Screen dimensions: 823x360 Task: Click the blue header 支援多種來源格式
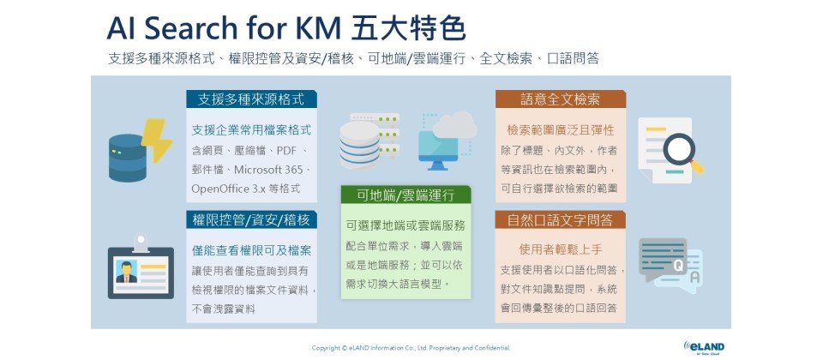251,99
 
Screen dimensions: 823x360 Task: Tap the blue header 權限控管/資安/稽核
251,220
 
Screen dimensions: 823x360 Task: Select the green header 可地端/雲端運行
405,195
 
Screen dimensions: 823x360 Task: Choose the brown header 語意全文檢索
561,99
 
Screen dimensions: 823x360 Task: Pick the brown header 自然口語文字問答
561,220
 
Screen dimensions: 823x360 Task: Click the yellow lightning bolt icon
156,139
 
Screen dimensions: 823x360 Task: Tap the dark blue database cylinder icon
127,158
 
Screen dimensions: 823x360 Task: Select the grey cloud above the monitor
454,125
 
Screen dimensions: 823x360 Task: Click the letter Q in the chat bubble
678,266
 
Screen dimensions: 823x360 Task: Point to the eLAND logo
704,347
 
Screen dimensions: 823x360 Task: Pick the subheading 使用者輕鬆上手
561,249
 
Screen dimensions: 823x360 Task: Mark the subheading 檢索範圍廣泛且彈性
561,129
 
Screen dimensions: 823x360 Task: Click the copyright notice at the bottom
411,347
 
